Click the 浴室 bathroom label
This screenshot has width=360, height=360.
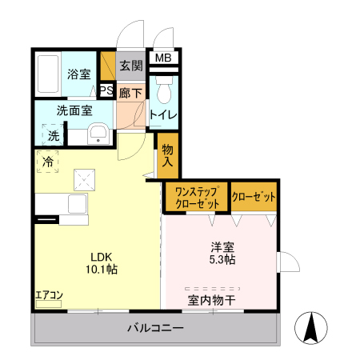[78, 75]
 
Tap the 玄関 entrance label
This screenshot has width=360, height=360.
[130, 66]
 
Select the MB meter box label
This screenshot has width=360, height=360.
[163, 58]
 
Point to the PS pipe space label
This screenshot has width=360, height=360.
[106, 90]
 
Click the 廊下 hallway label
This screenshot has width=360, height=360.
[130, 93]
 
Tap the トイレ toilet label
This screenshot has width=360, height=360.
[164, 114]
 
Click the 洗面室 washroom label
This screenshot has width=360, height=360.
[74, 111]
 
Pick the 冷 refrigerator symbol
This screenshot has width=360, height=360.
[47, 162]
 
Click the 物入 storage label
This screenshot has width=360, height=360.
[167, 155]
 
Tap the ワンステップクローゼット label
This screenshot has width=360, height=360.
[196, 197]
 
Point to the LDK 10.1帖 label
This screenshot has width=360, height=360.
[103, 263]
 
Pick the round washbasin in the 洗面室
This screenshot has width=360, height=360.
[98, 134]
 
